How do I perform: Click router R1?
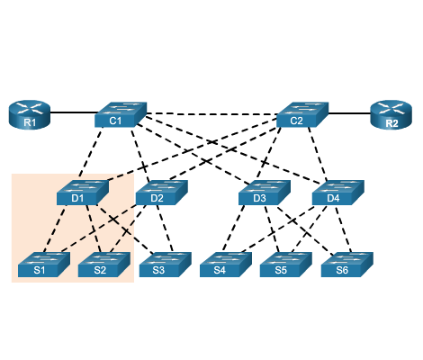click(x=29, y=115)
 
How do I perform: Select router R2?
click(x=391, y=115)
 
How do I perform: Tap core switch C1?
click(x=121, y=114)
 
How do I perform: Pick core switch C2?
click(x=302, y=114)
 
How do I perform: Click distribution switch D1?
click(x=83, y=193)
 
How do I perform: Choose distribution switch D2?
click(x=162, y=193)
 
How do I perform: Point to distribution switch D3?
click(x=265, y=193)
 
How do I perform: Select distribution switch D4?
click(x=338, y=193)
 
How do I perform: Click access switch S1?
click(x=44, y=265)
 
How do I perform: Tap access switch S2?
click(x=104, y=265)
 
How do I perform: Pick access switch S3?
click(x=166, y=265)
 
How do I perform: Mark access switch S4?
click(x=226, y=265)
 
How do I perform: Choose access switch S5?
click(x=286, y=265)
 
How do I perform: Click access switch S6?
click(x=347, y=265)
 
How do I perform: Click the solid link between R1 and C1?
click(x=74, y=112)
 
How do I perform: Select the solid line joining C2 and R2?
click(x=349, y=113)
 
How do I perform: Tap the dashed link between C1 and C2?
click(x=212, y=114)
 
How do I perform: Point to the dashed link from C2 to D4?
click(x=318, y=154)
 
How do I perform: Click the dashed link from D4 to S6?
click(x=343, y=229)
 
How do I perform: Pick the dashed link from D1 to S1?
click(x=55, y=229)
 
